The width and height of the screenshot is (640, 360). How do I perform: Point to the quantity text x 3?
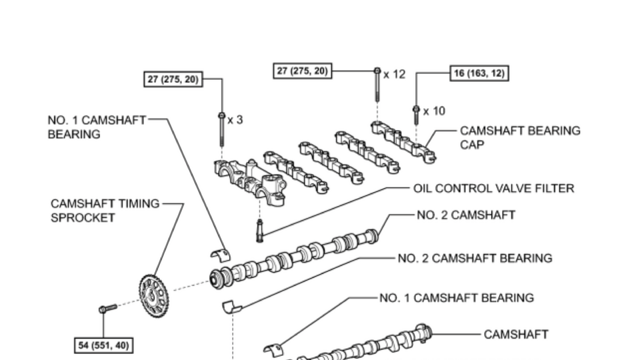(235, 120)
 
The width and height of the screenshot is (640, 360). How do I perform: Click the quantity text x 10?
(434, 111)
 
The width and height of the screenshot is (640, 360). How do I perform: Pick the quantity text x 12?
(394, 74)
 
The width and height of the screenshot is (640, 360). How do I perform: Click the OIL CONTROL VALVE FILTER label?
(493, 189)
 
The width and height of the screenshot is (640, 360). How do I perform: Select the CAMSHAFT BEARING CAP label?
(520, 137)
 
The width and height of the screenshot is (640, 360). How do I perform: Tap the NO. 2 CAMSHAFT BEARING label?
(475, 259)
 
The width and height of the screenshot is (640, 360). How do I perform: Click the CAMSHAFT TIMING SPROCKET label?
(105, 211)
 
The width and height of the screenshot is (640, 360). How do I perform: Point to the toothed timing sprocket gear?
(154, 296)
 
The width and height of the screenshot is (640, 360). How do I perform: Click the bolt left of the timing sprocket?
(108, 308)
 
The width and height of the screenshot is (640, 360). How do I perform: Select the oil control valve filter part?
(259, 231)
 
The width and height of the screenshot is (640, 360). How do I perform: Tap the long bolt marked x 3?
(221, 129)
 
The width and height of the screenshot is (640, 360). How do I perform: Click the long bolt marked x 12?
(377, 85)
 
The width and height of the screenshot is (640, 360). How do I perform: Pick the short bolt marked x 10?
(416, 115)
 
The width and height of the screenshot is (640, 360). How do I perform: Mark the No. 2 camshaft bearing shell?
(232, 306)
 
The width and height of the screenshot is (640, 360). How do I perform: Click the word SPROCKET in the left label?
(83, 218)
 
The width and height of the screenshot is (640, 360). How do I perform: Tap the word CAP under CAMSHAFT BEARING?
(472, 145)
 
